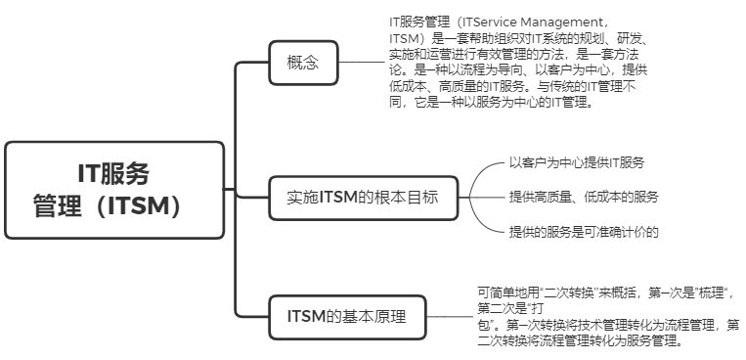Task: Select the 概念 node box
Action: coord(303,65)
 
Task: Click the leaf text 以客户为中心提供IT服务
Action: coord(576,161)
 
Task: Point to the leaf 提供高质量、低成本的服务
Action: coord(584,197)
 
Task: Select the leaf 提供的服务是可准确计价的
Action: coord(584,232)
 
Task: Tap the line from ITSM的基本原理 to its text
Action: coord(451,315)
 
